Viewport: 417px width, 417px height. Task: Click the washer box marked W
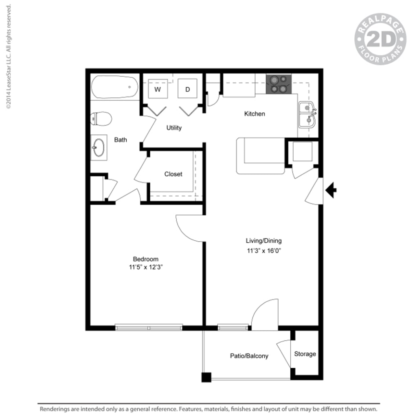[157, 89]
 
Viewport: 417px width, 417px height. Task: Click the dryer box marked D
[188, 89]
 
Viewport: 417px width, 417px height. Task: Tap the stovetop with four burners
[279, 84]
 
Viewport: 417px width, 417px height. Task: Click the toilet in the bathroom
[101, 119]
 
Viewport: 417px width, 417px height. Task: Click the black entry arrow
[331, 190]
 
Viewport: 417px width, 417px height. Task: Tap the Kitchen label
[255, 114]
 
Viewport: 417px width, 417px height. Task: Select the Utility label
[174, 128]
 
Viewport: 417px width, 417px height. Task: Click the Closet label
[173, 174]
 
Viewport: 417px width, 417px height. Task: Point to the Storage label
[305, 354]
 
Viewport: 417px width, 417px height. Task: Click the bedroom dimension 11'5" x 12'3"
[146, 267]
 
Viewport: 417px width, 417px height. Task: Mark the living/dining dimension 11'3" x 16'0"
[263, 251]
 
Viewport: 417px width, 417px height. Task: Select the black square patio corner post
[206, 377]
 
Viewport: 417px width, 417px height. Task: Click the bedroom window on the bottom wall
[149, 327]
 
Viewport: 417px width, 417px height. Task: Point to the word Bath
[120, 140]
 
